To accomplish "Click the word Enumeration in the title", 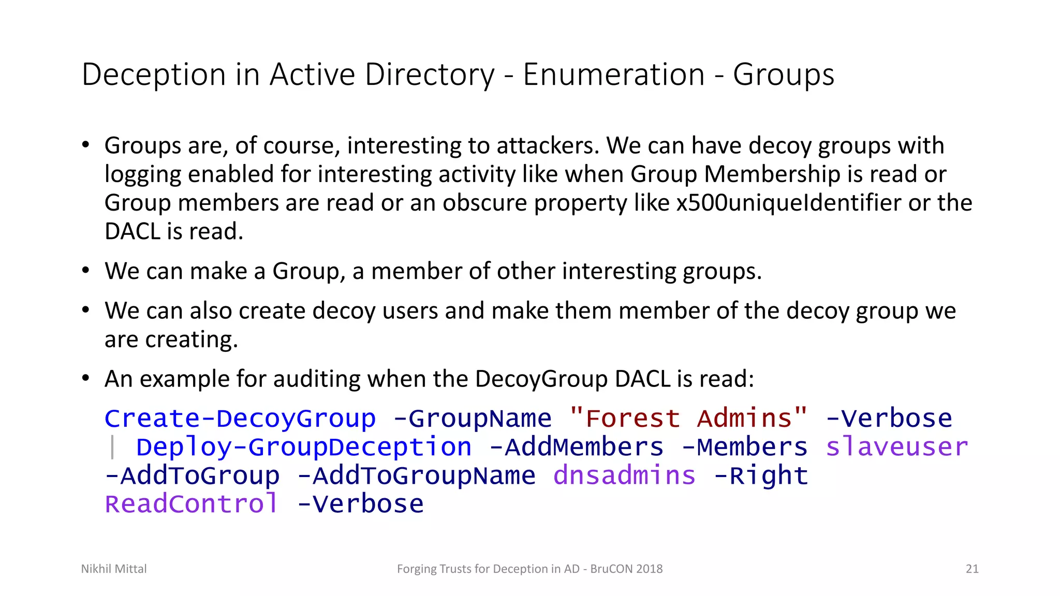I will (614, 74).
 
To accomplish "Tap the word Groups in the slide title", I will (784, 74).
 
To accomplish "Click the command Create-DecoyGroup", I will (240, 419).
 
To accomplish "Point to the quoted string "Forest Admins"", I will (688, 419).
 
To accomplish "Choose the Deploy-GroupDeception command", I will (304, 447).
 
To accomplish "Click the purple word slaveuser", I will (896, 447).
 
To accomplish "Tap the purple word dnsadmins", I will (624, 475).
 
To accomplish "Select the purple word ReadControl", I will (192, 504).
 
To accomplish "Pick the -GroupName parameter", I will (473, 419).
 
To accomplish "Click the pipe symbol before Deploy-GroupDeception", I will (112, 447).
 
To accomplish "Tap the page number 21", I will (972, 569).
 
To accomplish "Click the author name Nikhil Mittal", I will (114, 569).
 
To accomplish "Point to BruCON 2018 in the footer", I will (626, 569).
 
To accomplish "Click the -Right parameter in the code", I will (761, 475).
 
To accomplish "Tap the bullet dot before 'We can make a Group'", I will (86, 270).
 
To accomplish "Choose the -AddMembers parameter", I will (576, 447).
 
